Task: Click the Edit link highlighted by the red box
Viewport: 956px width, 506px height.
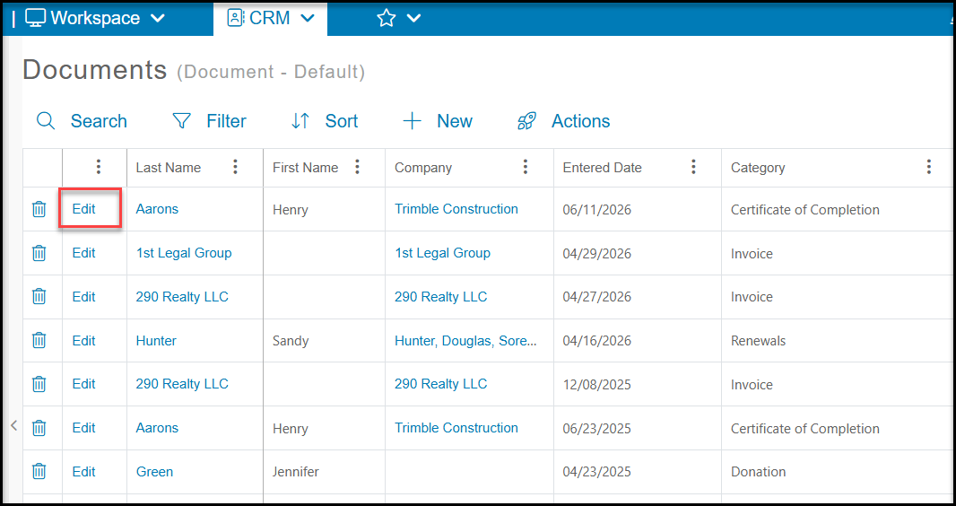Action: click(x=83, y=209)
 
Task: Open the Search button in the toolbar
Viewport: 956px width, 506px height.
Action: click(x=82, y=121)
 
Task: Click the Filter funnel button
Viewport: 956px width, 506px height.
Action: click(x=209, y=121)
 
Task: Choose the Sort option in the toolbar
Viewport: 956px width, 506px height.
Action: click(x=325, y=121)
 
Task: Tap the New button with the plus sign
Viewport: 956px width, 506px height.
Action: click(x=437, y=121)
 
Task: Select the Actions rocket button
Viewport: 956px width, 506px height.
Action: click(x=563, y=121)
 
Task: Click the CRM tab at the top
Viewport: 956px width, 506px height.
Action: click(x=270, y=18)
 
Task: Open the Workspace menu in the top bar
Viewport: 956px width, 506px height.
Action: click(x=95, y=18)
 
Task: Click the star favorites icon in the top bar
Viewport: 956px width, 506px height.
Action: click(x=386, y=18)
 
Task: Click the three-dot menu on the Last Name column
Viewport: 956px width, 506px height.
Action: click(x=235, y=167)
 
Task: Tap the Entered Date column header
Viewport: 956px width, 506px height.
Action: click(x=602, y=168)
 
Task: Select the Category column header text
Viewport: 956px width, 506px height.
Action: click(x=758, y=168)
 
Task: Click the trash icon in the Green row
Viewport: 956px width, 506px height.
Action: click(x=39, y=471)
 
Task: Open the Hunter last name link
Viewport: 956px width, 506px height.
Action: click(x=156, y=341)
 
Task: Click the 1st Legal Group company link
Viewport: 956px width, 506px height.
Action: click(x=443, y=253)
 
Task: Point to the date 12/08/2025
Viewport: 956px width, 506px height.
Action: click(x=597, y=385)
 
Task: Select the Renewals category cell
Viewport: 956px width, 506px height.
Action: click(x=759, y=341)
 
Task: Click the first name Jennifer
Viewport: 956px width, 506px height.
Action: click(x=296, y=472)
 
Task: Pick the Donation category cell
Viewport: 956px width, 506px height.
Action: click(x=759, y=472)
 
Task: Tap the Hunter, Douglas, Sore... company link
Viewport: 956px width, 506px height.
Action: click(x=465, y=341)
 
